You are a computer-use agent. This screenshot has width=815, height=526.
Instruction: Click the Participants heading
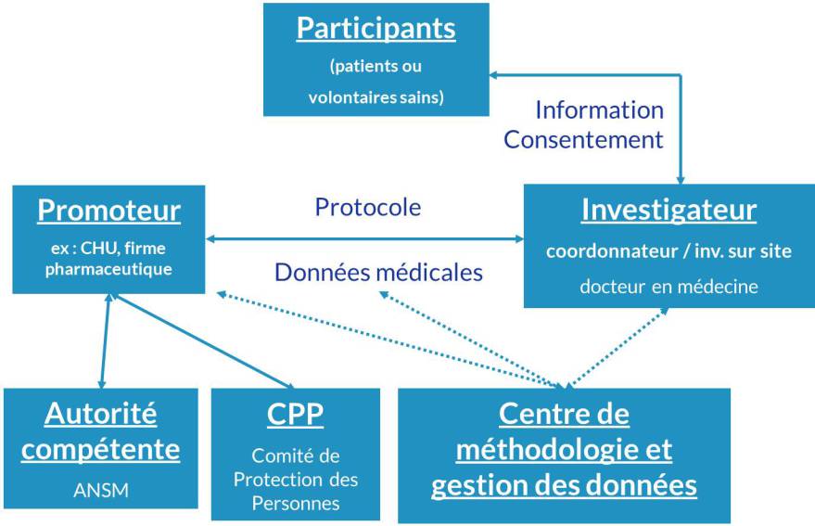pyautogui.click(x=376, y=28)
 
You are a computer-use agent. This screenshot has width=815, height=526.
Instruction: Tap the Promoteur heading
pyautogui.click(x=109, y=211)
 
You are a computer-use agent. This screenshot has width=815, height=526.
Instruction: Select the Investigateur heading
pyautogui.click(x=669, y=211)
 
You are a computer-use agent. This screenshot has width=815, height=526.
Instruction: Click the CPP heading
pyautogui.click(x=295, y=414)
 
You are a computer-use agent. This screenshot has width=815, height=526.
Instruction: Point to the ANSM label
pyautogui.click(x=101, y=490)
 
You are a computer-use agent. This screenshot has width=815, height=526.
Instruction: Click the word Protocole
pyautogui.click(x=368, y=207)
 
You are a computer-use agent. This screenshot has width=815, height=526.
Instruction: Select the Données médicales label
pyautogui.click(x=379, y=272)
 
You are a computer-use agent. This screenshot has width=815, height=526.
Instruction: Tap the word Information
pyautogui.click(x=600, y=110)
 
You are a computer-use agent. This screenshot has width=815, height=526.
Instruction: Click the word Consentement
pyautogui.click(x=584, y=140)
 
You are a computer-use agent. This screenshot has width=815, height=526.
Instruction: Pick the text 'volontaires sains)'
pyautogui.click(x=376, y=97)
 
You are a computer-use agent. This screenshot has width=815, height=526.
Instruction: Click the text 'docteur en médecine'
pyautogui.click(x=669, y=286)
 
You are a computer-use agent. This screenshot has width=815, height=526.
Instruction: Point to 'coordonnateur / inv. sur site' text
pyautogui.click(x=669, y=251)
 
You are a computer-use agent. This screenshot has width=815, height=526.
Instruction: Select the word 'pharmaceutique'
pyautogui.click(x=108, y=270)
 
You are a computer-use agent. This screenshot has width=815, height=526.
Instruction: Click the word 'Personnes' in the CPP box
pyautogui.click(x=296, y=503)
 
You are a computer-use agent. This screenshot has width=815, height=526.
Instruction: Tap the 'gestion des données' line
pyautogui.click(x=564, y=485)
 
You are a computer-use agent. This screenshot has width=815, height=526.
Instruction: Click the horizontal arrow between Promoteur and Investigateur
pyautogui.click(x=364, y=238)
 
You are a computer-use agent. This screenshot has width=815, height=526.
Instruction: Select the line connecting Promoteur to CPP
pyautogui.click(x=204, y=341)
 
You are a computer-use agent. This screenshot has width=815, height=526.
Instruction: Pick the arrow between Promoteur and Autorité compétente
pyautogui.click(x=106, y=340)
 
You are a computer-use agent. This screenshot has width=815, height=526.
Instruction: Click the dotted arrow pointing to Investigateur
pyautogui.click(x=618, y=348)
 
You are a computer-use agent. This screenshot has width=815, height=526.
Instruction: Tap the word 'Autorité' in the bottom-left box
pyautogui.click(x=101, y=414)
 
